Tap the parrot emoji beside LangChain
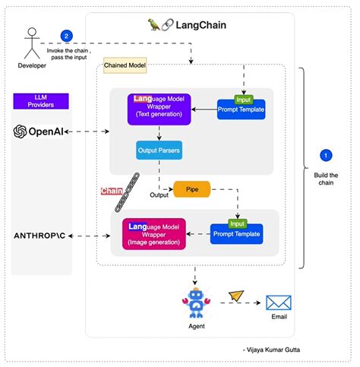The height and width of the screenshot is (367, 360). point(154,24)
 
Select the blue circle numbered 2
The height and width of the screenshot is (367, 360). point(67,35)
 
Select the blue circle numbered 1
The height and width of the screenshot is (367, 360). point(326,155)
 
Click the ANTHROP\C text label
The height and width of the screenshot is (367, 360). point(45,236)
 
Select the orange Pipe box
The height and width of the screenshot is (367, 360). point(191,188)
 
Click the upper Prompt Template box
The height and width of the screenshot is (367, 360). point(240,109)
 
